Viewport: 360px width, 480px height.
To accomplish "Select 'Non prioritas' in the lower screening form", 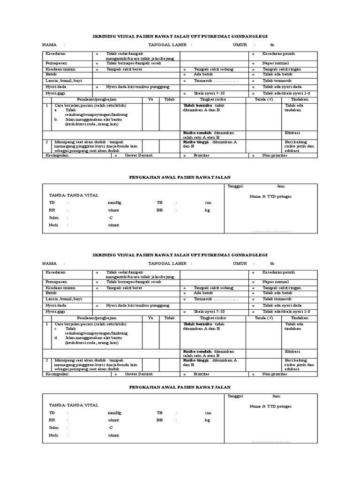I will click(274, 374).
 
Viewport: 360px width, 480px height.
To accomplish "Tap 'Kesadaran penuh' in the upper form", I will click(278, 54).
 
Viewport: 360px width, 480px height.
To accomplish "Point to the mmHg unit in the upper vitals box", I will click(114, 202).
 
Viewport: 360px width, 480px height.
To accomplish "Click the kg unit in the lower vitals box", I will click(207, 420).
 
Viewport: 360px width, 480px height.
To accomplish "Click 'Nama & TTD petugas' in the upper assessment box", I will click(270, 196).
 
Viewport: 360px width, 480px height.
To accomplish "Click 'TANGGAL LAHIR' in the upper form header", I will click(167, 45).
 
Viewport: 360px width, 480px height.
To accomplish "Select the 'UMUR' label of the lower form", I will click(240, 264).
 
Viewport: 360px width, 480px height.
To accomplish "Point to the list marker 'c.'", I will click(56, 329).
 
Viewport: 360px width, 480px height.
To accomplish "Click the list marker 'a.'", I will click(56, 110).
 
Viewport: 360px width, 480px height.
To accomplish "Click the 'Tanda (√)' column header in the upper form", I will click(263, 99).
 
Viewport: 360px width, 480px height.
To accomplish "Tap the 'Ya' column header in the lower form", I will click(150, 318).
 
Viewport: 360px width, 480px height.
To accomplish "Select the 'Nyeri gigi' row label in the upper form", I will click(54, 93).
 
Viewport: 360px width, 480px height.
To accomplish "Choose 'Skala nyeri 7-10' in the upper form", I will click(209, 94).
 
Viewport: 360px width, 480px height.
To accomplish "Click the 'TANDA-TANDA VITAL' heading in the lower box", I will click(74, 405).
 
